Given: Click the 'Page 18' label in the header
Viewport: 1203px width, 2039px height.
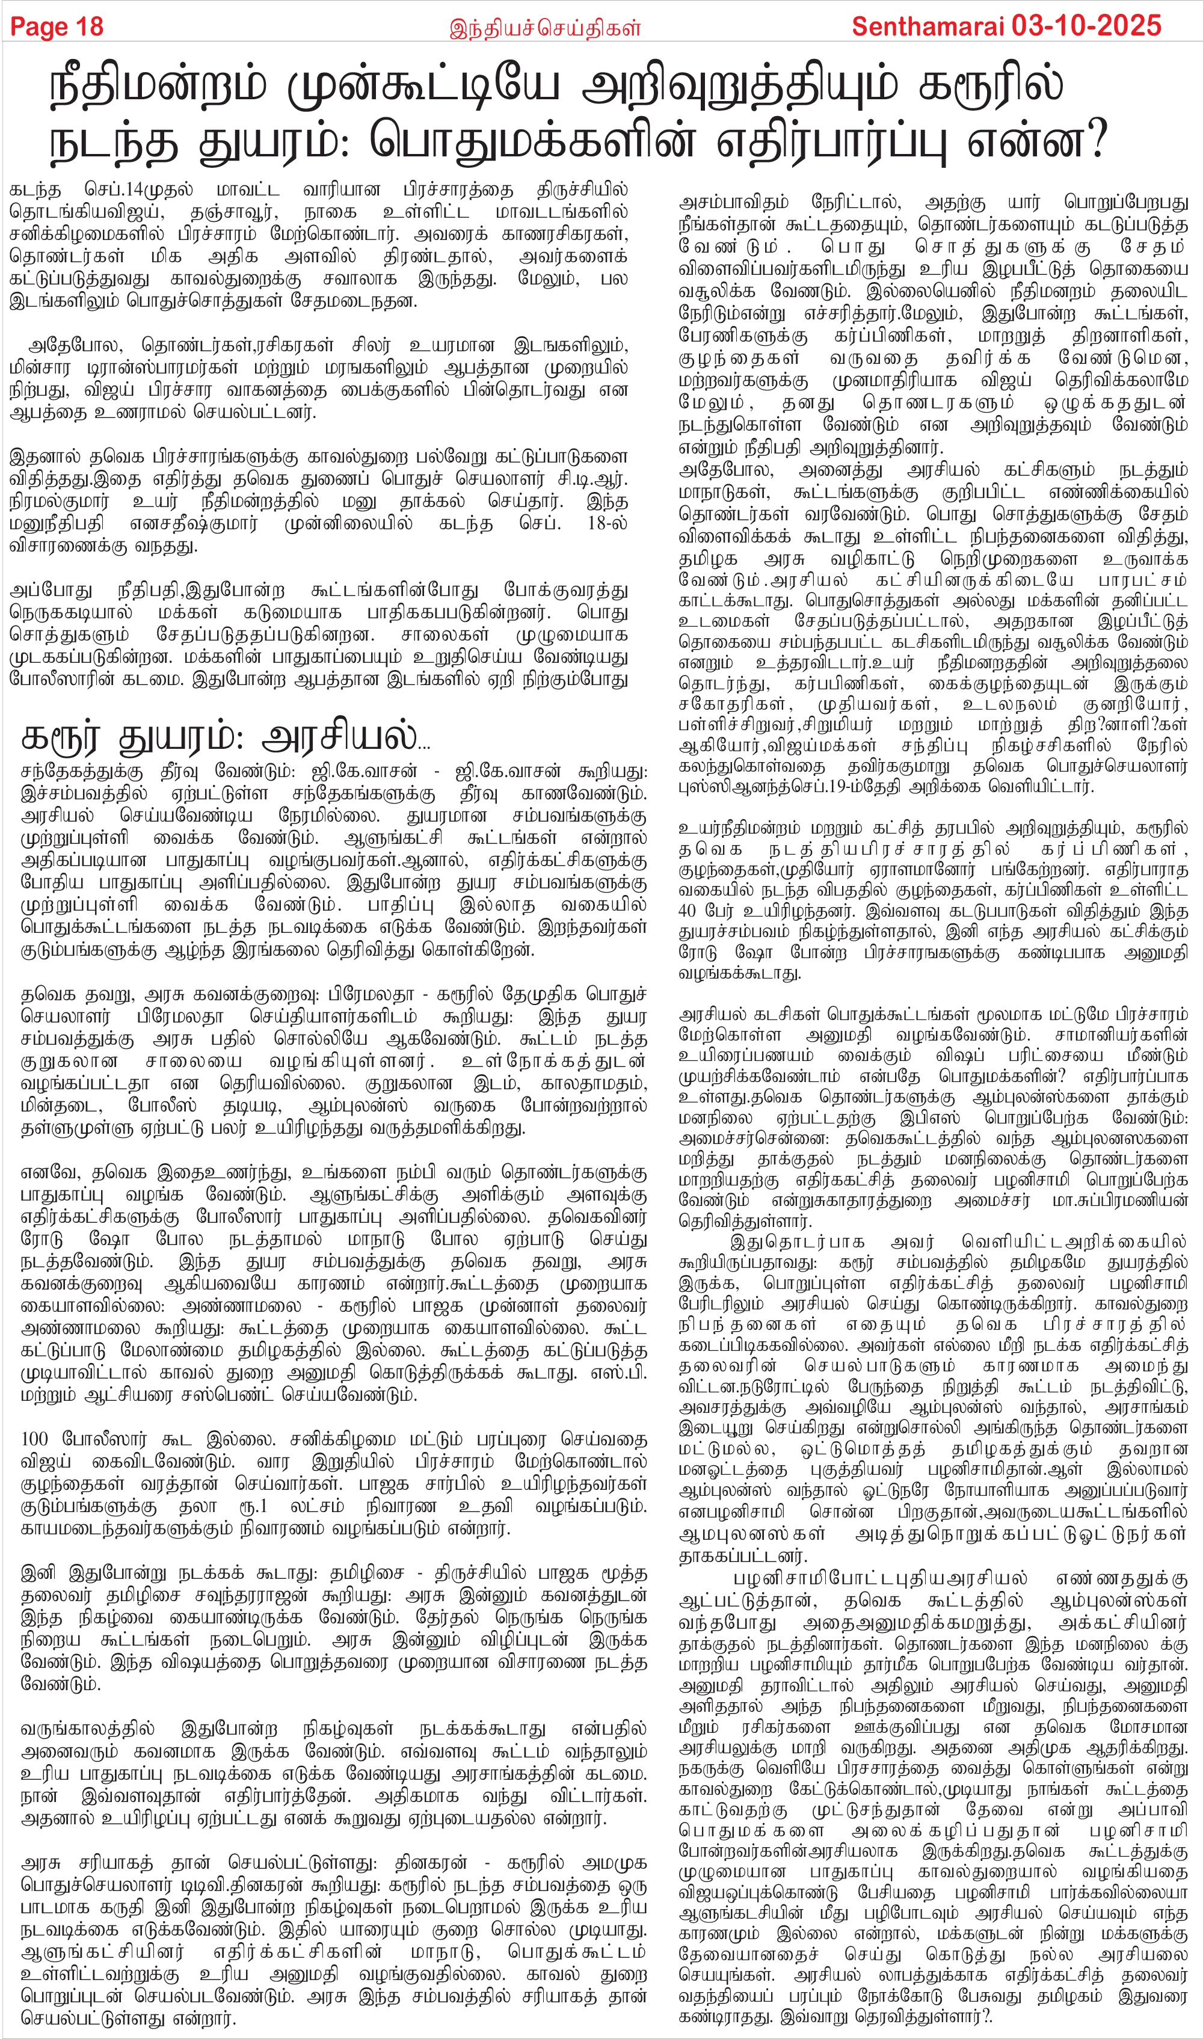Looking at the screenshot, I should coord(57,26).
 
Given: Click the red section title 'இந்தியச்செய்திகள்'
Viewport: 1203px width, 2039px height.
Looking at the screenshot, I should coord(545,28).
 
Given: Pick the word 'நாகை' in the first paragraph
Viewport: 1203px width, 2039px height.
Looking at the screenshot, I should coord(330,212).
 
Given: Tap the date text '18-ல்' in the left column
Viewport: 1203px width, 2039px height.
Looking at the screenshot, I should coord(607,523).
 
